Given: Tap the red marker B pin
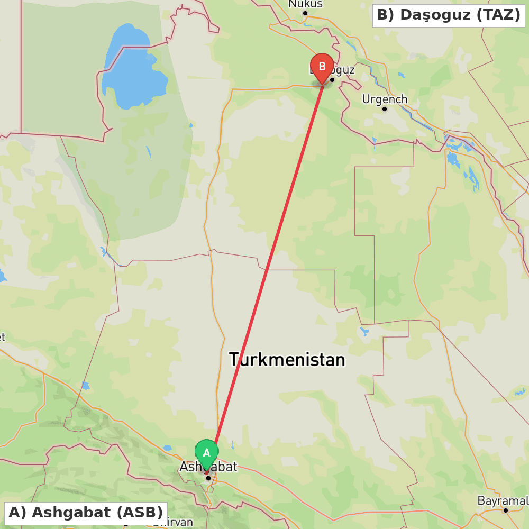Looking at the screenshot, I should [322, 67].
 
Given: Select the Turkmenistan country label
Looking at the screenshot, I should [287, 360].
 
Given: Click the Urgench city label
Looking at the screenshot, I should [385, 99].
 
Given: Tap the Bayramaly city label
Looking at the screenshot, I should [503, 500].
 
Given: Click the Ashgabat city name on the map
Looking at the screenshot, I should [208, 467].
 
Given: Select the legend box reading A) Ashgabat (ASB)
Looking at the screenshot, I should [86, 513].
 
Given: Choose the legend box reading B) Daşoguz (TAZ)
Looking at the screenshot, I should [449, 15].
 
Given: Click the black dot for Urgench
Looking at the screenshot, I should [385, 109].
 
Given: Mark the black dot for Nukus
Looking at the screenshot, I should [305, 13].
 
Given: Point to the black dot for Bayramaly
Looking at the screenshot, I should [505, 510].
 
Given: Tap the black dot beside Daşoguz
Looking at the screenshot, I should [332, 80].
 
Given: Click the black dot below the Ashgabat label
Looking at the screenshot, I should [208, 478].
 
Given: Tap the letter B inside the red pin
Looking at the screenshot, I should [322, 67].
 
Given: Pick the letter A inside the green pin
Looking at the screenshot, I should [206, 453].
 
